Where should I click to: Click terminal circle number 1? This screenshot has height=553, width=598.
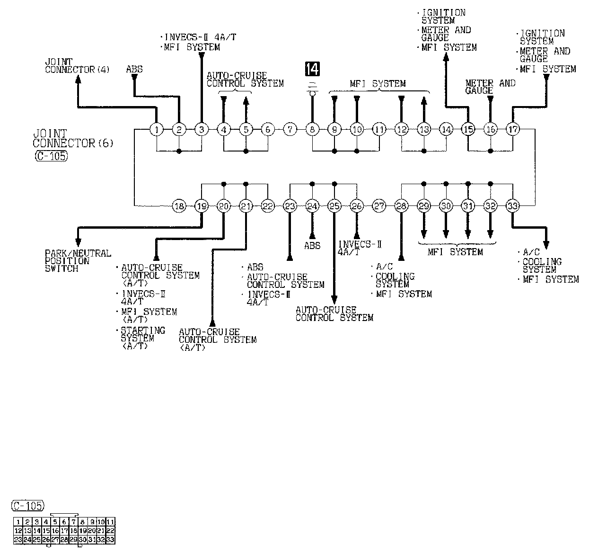tap(156, 129)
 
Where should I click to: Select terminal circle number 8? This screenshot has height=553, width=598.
tap(312, 129)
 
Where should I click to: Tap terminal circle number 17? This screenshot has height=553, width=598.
tap(513, 129)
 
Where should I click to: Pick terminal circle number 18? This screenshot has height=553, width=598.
tap(179, 206)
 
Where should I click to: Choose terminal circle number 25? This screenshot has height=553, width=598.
tap(334, 206)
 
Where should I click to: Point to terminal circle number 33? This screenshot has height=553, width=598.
tap(513, 206)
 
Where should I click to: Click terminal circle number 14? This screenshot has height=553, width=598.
tap(446, 129)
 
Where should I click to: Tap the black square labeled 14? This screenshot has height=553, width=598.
tap(312, 69)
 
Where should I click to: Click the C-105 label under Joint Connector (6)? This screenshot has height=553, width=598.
tap(51, 157)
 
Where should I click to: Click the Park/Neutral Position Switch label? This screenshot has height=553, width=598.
tap(78, 260)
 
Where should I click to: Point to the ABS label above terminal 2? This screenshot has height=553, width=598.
tap(134, 69)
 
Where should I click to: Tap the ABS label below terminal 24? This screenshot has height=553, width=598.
tap(312, 245)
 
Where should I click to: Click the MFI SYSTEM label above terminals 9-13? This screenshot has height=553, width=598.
tap(378, 84)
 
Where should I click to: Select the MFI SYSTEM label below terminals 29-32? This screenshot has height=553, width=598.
tap(455, 252)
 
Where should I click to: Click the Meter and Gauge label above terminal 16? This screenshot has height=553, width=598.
tap(490, 86)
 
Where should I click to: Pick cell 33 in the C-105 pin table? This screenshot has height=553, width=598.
tap(110, 539)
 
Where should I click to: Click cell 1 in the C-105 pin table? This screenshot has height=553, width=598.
tap(18, 522)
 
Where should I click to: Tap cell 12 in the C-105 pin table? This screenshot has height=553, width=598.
tap(18, 531)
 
